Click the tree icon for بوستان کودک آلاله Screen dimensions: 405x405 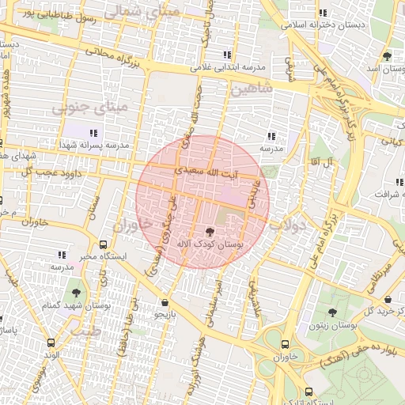[x=209, y=232]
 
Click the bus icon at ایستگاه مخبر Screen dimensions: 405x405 [x=104, y=244]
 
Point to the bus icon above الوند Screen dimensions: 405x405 [x=51, y=343]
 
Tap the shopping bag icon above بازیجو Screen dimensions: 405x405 [x=164, y=302]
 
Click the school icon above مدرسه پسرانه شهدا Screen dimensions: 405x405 [x=93, y=133]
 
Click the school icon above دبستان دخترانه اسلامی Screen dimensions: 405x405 [x=323, y=13]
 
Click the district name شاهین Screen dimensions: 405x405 [x=252, y=89]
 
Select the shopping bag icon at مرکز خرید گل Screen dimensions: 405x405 [x=388, y=299]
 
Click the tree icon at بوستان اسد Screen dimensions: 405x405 [x=386, y=56]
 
